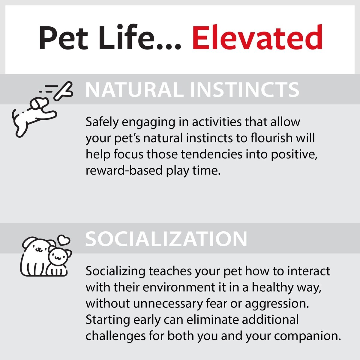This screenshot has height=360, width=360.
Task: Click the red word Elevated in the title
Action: pyautogui.click(x=257, y=37)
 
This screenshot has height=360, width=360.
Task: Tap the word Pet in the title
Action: pyautogui.click(x=63, y=38)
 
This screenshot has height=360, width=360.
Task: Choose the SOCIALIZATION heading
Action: pyautogui.click(x=166, y=239)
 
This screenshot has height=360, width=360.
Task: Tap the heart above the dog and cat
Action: pyautogui.click(x=64, y=240)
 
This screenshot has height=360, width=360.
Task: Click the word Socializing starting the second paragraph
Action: pyautogui.click(x=115, y=271)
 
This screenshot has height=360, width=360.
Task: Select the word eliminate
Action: pyautogui.click(x=213, y=320)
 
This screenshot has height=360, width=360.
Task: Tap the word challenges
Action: pyautogui.click(x=115, y=336)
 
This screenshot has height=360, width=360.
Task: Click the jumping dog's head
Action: pyautogui.click(x=39, y=103)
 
